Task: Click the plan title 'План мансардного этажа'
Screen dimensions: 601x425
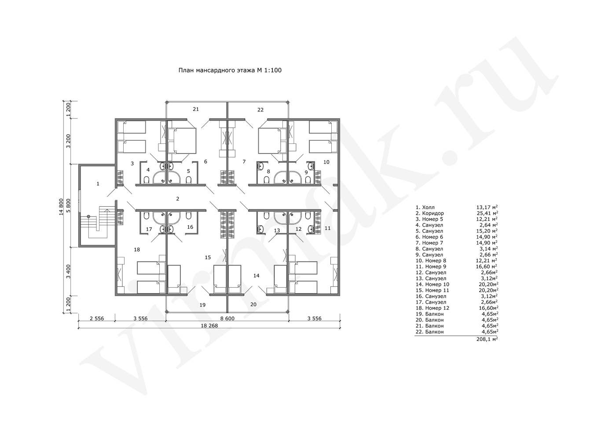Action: click(217, 70)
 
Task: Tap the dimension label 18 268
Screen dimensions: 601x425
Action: click(209, 326)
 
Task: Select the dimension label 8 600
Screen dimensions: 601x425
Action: click(227, 319)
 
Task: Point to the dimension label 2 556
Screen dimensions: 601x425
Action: click(97, 319)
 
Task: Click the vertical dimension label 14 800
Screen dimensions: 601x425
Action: click(61, 207)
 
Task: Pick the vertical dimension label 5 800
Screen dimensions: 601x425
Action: click(69, 205)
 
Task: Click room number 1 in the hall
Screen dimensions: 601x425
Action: click(98, 184)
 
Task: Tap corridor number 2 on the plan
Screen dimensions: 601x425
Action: click(178, 199)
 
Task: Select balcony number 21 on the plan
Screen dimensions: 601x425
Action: click(196, 109)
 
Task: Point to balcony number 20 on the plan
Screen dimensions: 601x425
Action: click(253, 304)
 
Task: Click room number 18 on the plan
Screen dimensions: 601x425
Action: click(137, 249)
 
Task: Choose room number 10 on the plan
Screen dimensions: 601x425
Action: click(326, 162)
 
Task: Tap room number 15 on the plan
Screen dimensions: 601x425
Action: click(208, 257)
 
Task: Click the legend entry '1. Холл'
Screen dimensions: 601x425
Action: click(425, 207)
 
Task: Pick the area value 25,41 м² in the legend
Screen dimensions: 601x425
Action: click(487, 213)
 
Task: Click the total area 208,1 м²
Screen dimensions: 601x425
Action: click(487, 339)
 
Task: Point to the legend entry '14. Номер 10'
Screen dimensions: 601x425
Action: click(432, 284)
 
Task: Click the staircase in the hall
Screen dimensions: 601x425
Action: click(98, 222)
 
